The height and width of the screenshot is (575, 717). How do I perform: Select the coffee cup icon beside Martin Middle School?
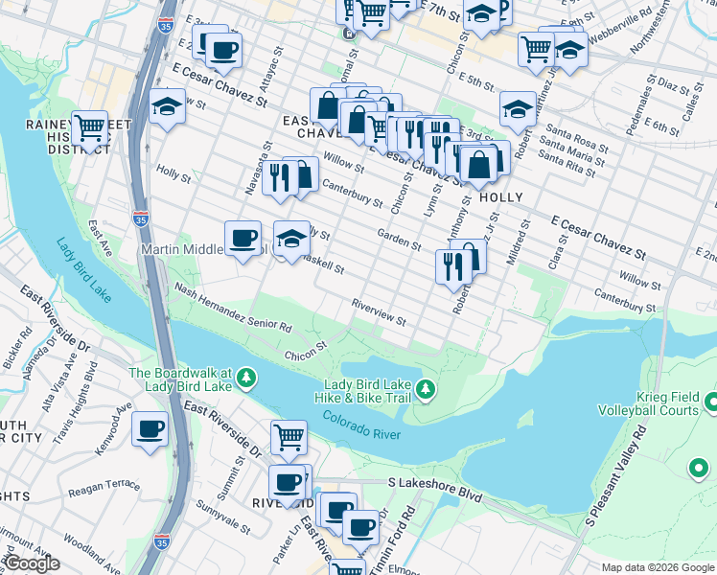pyautogui.click(x=243, y=237)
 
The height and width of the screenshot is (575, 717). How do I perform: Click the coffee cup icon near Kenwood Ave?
pyautogui.click(x=150, y=429)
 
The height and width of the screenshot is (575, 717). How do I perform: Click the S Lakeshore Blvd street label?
pyautogui.click(x=433, y=489)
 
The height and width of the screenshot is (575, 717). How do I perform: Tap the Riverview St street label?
pyautogui.click(x=380, y=309)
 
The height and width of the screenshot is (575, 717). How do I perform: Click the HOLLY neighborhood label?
pyautogui.click(x=501, y=197)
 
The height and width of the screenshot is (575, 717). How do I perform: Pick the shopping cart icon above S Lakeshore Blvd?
pyautogui.click(x=289, y=437)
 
